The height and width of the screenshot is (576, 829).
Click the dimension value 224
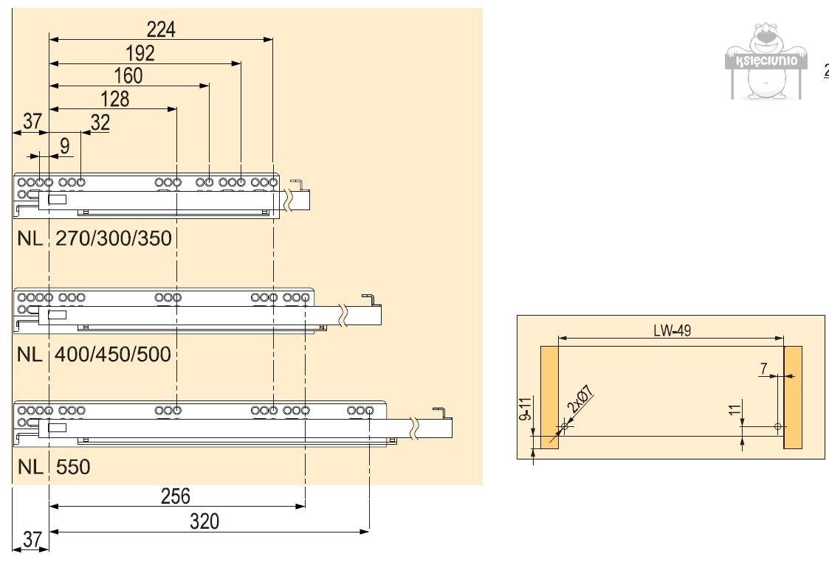(x=161, y=29)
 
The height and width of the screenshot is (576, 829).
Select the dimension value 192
(x=140, y=53)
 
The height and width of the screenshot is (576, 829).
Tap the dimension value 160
(x=128, y=76)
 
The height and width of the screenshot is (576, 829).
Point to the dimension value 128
(x=114, y=100)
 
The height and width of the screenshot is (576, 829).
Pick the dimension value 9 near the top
(x=65, y=146)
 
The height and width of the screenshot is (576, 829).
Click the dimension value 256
(x=176, y=496)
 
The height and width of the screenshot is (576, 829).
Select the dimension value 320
(x=204, y=521)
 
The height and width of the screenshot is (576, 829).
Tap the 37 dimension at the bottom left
(x=32, y=540)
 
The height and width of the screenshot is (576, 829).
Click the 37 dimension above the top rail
(x=31, y=122)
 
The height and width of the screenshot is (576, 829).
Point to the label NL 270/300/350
(x=94, y=239)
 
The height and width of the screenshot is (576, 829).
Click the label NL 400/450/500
(x=94, y=354)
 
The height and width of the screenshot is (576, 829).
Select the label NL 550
(x=54, y=467)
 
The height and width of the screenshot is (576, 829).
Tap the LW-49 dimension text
(x=671, y=330)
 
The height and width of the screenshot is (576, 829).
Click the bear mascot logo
(x=763, y=62)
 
